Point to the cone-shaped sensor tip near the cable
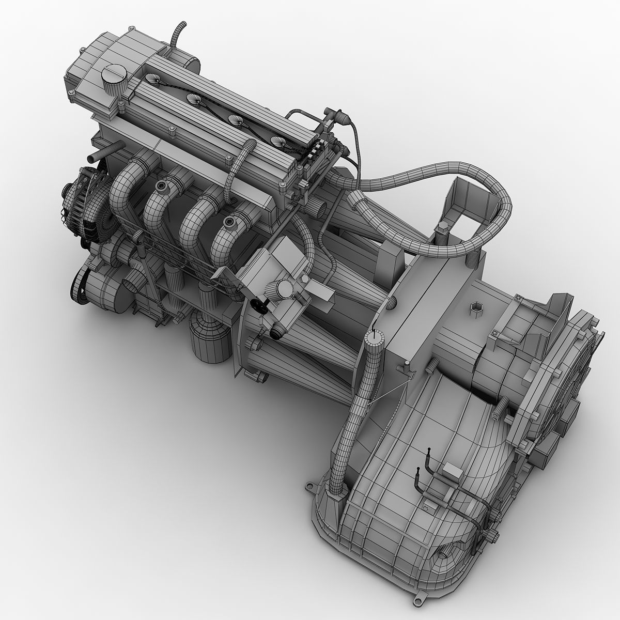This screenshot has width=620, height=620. coord(342,118)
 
